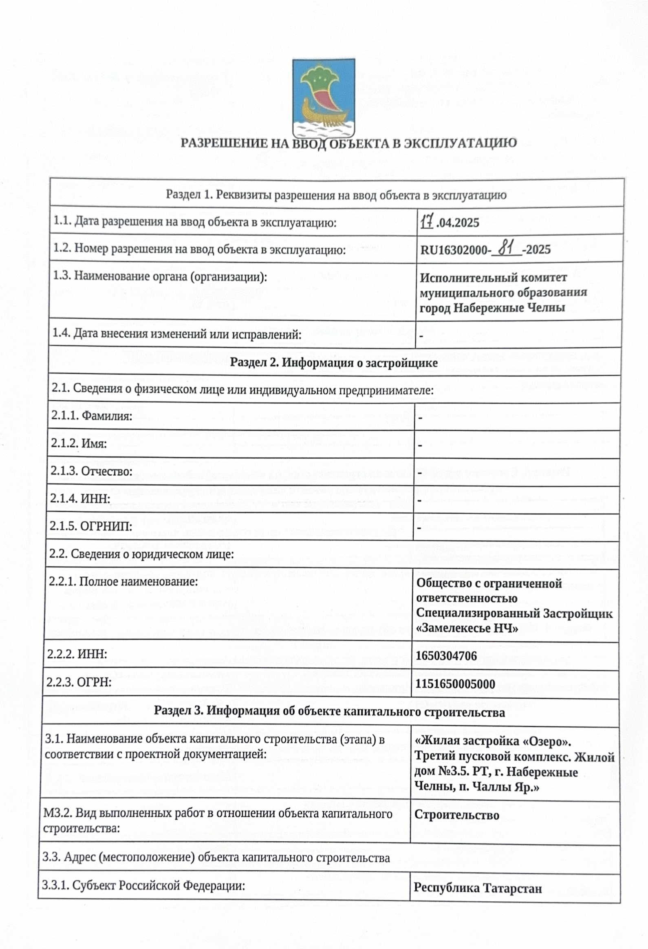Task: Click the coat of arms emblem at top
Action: click(x=323, y=98)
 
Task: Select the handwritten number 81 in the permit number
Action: click(x=506, y=248)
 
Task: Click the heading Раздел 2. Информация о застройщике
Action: click(x=334, y=363)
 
